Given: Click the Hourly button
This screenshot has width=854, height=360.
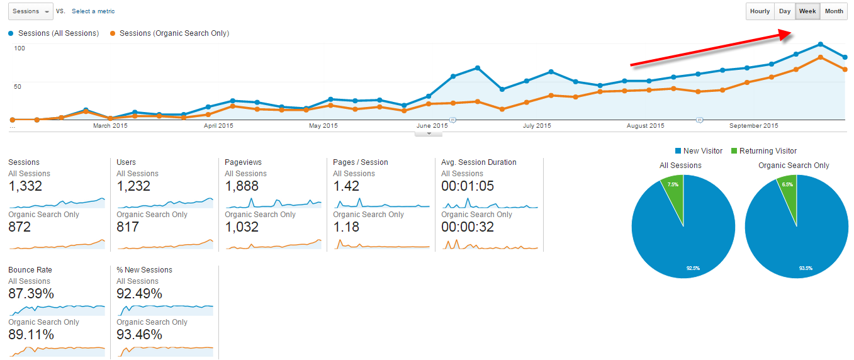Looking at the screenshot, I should coord(760,11).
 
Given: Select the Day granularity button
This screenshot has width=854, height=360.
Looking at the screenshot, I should coord(784,11).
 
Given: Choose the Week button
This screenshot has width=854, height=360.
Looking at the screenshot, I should coord(807,11).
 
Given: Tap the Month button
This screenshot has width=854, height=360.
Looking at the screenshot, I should coord(834,11).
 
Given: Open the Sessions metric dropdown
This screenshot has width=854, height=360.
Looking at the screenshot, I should coord(30,11).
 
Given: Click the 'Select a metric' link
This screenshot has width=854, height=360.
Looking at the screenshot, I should coord(93,11).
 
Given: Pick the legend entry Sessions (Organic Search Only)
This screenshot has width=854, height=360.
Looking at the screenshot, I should coord(174,33).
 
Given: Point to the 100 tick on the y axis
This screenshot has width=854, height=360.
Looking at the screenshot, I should coord(20,48).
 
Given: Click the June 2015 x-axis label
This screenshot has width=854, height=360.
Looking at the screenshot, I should coord(432,126).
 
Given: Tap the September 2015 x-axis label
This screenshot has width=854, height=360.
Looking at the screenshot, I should coord(753,126).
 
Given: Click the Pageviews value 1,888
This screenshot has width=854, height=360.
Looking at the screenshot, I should coord(242,186).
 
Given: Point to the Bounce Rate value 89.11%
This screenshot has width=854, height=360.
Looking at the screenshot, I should coord(31,335).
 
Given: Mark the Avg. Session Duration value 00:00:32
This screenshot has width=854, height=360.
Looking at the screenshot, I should coord(468,227).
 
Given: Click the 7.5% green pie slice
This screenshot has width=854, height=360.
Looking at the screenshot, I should coord(673,189).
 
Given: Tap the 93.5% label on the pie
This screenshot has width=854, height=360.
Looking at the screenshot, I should coord(806,268).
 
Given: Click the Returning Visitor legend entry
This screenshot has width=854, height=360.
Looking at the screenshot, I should coord(763,151).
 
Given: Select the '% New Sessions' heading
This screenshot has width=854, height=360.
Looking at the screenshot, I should coord(144,270).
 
